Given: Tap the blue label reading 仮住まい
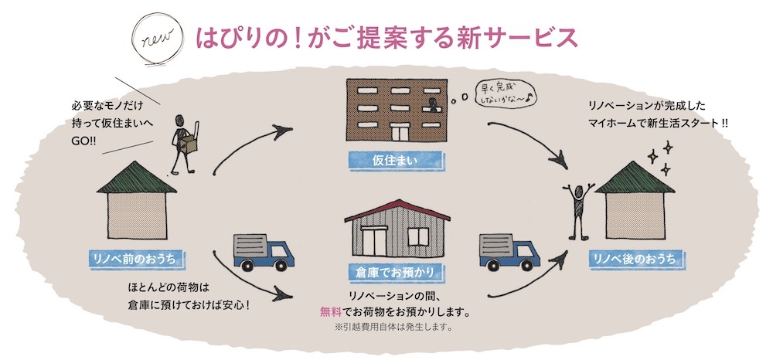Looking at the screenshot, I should click(x=397, y=161).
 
